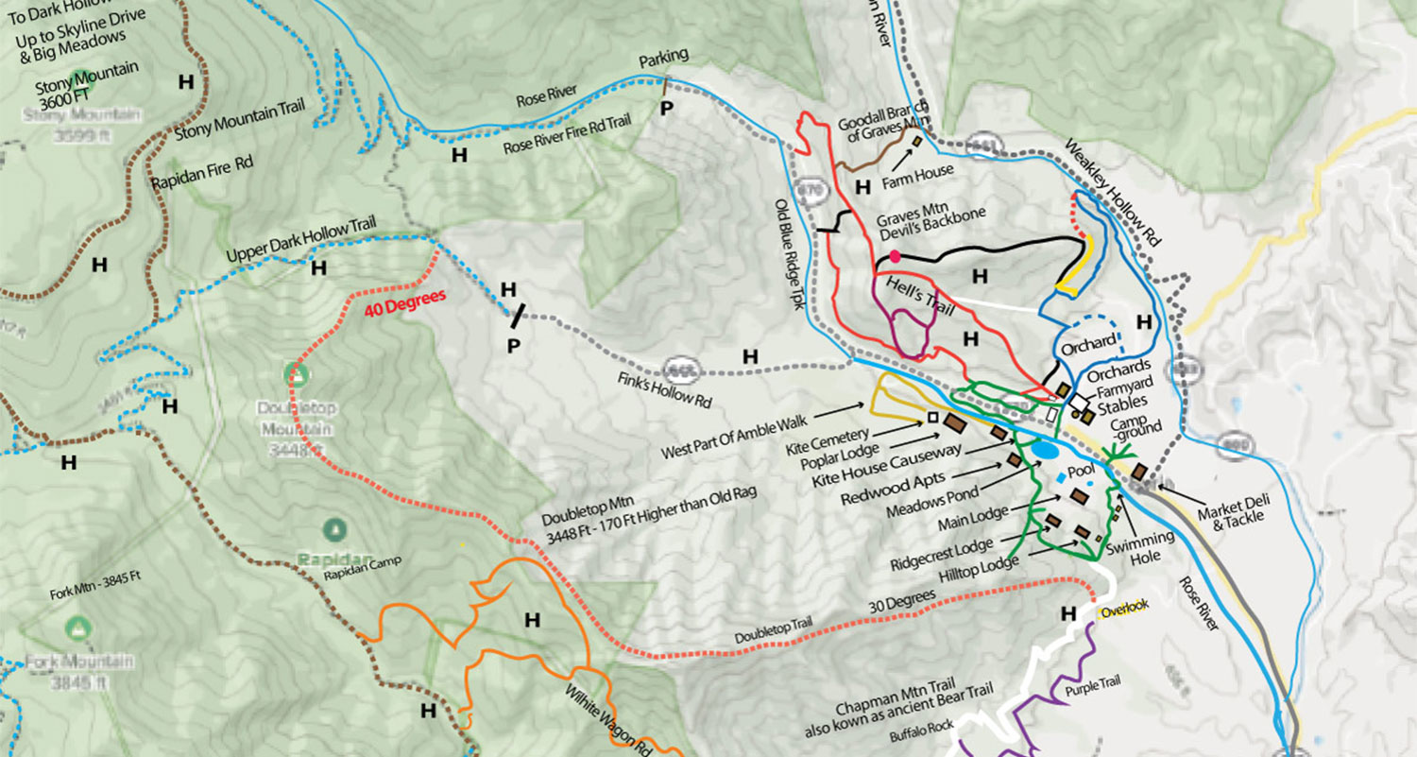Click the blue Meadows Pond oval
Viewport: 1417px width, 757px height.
pos(1045,450)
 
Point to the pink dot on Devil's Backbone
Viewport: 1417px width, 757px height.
pos(895,256)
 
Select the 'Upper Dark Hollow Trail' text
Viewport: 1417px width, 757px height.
pos(301,241)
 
